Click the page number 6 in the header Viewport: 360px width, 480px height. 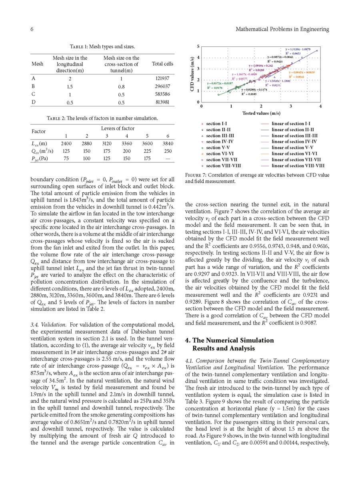(x=31, y=29)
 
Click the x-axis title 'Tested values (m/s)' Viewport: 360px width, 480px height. (x=261, y=113)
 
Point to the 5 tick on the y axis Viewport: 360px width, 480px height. (x=198, y=47)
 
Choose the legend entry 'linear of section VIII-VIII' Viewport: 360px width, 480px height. (x=298, y=166)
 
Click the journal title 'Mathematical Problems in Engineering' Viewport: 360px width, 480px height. (x=282, y=29)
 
